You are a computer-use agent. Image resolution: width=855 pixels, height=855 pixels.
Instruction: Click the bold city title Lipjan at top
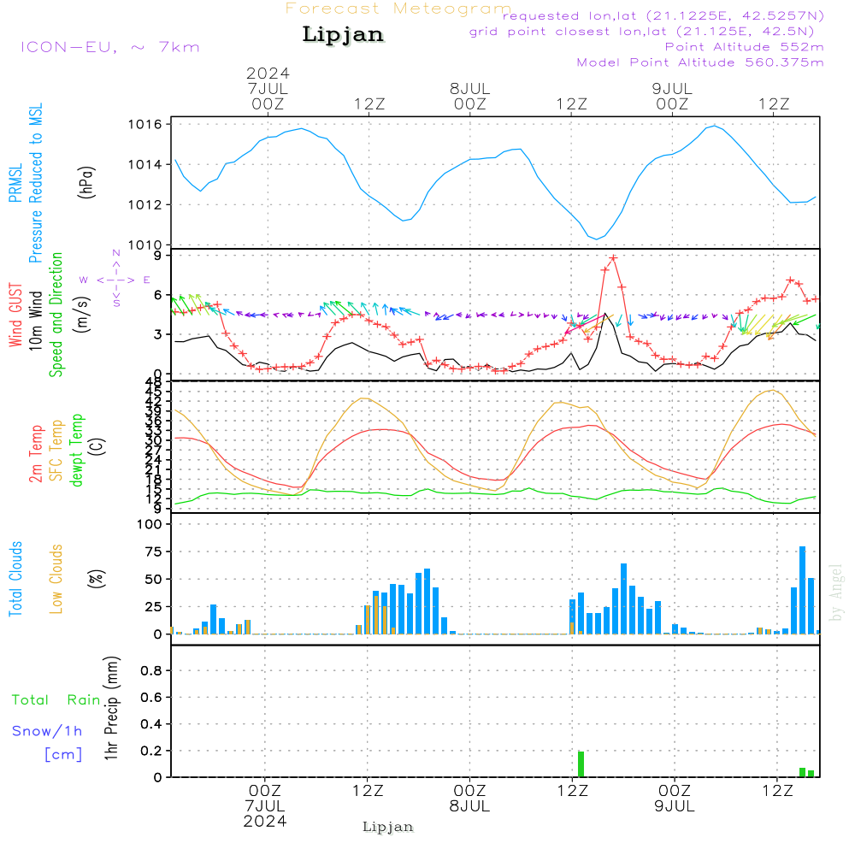tap(343, 35)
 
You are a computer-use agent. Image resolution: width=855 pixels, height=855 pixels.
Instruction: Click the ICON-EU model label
tap(109, 47)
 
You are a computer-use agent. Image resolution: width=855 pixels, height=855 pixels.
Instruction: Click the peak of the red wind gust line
tap(613, 257)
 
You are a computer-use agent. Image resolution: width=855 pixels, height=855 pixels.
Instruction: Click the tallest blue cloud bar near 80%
tap(802, 590)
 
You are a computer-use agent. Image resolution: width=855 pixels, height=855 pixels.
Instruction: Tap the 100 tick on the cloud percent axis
tap(150, 524)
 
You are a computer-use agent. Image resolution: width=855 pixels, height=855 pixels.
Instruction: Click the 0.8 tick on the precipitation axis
tap(151, 671)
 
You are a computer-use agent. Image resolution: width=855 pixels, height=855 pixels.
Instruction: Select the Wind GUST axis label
tap(16, 316)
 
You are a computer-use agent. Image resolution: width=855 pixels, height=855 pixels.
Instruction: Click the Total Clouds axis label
tap(16, 579)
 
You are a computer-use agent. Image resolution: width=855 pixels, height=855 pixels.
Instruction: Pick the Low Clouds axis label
tap(56, 579)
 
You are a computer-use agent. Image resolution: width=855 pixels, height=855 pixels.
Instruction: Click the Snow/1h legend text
tap(47, 731)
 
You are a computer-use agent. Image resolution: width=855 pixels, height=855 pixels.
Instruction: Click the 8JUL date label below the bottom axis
tap(469, 806)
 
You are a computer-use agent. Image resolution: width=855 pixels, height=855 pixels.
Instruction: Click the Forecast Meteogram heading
tap(398, 9)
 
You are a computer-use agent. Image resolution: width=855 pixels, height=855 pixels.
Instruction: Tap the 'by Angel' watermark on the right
tap(837, 593)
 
